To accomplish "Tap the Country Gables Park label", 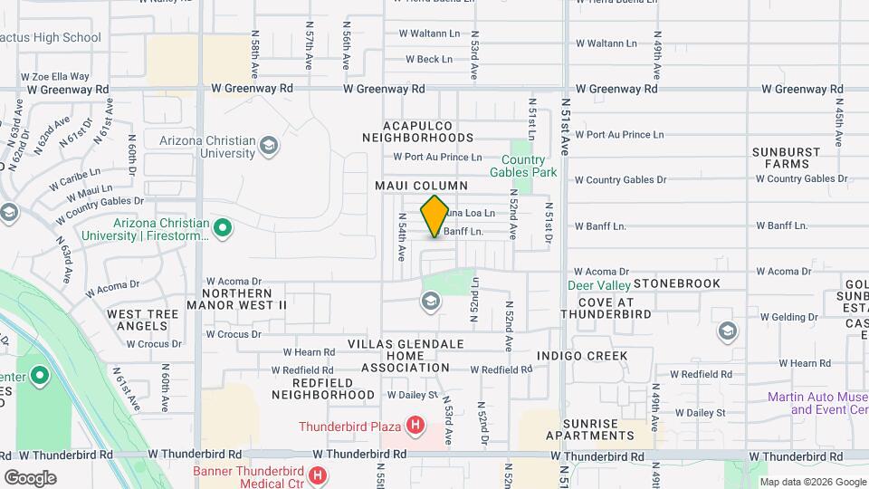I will pos(523,165).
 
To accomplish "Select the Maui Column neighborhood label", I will pos(422,185).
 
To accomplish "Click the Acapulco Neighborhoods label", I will pos(417,131).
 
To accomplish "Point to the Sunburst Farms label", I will pos(786,158).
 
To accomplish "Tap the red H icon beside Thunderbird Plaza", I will pos(415,425).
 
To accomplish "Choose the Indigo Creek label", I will pos(582,355).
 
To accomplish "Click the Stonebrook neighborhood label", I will pos(677,283).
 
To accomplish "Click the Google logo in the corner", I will pos(30,477).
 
